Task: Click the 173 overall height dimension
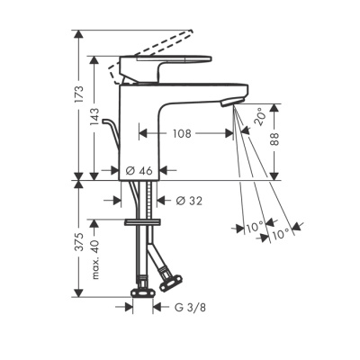(x=79, y=93)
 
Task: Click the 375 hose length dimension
(x=79, y=240)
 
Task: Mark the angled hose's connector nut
(x=167, y=286)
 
